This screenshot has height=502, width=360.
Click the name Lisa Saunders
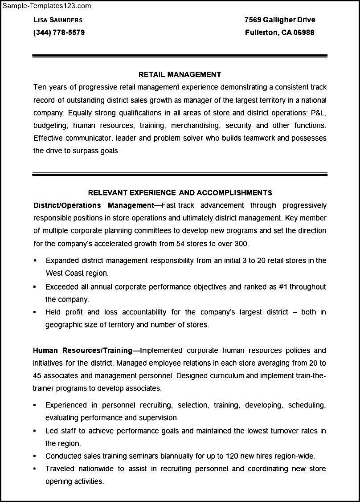tap(58, 20)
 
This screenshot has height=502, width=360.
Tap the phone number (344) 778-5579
tap(59, 33)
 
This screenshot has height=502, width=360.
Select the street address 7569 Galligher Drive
tap(280, 20)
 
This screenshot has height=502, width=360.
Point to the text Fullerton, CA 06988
tap(280, 33)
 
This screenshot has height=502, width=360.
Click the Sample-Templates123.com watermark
tap(46, 6)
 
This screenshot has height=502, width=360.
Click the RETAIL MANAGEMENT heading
tap(180, 74)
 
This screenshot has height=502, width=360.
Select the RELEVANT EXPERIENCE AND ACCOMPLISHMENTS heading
tap(180, 193)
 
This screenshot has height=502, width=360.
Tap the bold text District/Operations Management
tap(93, 205)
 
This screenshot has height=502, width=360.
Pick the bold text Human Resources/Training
tap(82, 351)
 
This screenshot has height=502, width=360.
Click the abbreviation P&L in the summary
tap(317, 113)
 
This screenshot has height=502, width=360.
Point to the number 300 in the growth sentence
tap(241, 244)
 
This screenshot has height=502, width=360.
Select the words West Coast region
tap(77, 273)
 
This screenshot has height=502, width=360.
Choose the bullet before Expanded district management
tap(35, 261)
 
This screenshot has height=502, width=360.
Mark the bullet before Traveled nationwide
tap(35, 469)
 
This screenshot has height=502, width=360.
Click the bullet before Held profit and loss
tap(35, 313)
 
